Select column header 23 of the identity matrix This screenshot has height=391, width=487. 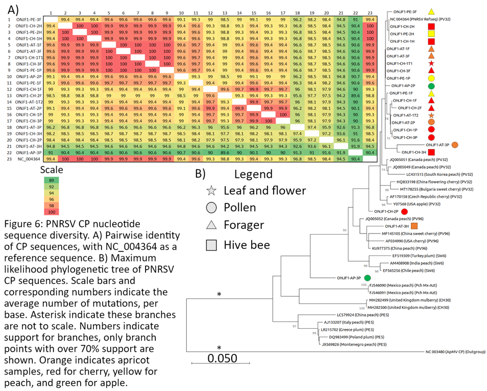click(371, 11)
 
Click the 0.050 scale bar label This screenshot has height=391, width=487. click(222, 357)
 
